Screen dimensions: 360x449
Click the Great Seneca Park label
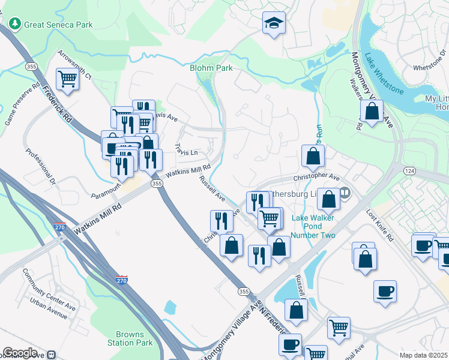click(59, 25)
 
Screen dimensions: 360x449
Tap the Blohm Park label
click(211, 68)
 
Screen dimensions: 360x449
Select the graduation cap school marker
click(274, 23)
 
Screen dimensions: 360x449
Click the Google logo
click(20, 353)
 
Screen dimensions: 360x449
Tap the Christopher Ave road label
click(316, 178)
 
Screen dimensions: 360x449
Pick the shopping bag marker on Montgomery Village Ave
click(372, 111)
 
